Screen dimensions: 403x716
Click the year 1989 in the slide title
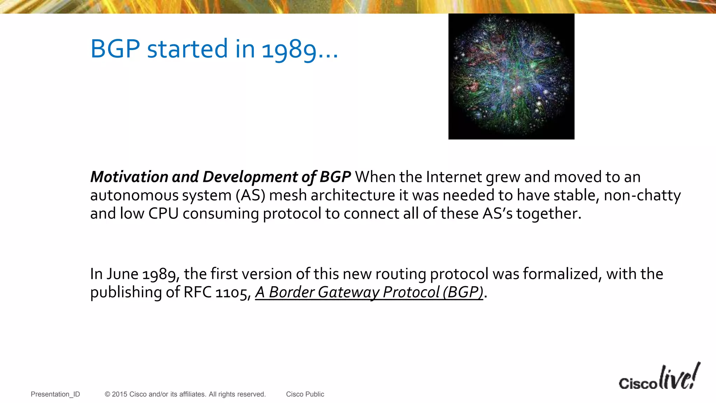tap(289, 49)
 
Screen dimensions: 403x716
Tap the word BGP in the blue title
tap(115, 49)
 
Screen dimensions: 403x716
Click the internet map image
tap(511, 77)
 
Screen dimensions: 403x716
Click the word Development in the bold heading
tap(250, 177)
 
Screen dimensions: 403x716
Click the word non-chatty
tap(642, 195)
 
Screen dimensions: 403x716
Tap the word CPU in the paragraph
tap(163, 213)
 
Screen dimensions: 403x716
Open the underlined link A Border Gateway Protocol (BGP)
tap(369, 292)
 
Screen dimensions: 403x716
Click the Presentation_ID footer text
tap(55, 394)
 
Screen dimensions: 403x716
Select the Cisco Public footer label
tap(305, 394)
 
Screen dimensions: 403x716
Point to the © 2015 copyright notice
tap(185, 394)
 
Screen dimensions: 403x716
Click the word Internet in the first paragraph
tap(454, 177)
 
